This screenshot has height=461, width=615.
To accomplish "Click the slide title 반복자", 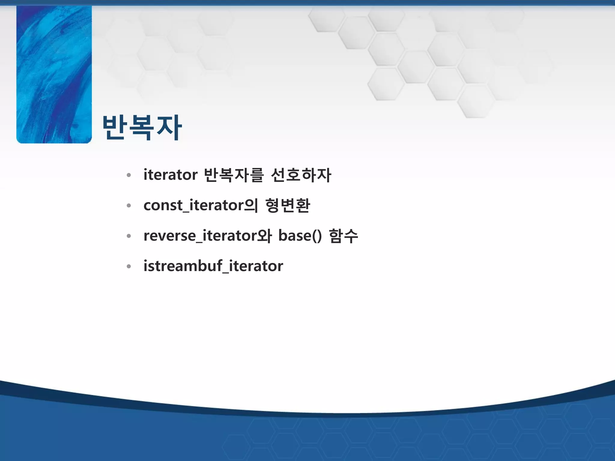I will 142,128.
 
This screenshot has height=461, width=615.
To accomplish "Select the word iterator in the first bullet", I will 170,175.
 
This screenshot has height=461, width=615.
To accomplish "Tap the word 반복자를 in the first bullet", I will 234,175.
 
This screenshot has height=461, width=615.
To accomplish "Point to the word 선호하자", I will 301,175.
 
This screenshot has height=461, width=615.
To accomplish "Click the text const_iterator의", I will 201,206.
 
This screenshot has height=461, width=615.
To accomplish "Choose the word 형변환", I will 288,206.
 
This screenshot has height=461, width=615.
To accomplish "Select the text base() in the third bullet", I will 300,236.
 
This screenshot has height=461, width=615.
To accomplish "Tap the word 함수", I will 344,236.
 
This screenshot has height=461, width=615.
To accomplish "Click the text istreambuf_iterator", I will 213,266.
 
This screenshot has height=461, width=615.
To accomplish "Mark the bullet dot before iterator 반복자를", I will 129,175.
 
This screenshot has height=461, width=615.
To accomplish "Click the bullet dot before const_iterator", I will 129,206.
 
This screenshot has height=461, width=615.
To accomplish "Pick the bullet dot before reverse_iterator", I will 129,236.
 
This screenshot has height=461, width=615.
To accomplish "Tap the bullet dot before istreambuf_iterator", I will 129,267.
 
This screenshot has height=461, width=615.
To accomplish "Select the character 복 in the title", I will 141,128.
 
